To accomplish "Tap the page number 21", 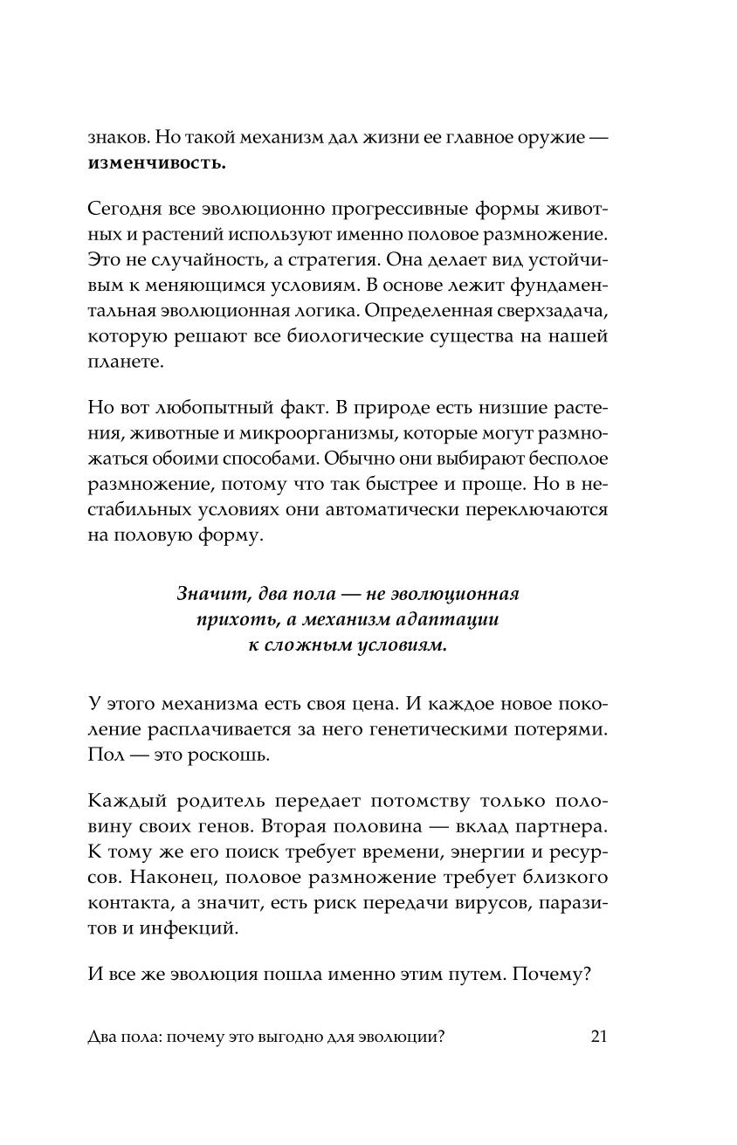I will click(x=598, y=1037).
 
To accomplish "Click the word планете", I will click(x=126, y=362).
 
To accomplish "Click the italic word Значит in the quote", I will click(x=206, y=596).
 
